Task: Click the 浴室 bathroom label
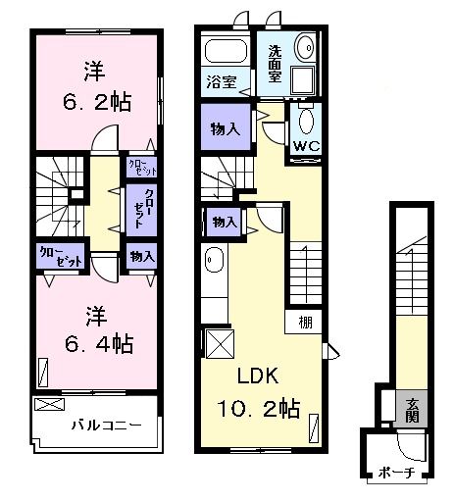(221, 82)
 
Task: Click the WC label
(304, 148)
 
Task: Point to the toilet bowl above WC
(305, 122)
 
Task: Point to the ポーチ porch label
(396, 473)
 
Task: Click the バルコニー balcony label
(107, 426)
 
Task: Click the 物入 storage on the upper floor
(141, 257)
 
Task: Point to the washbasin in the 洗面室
(305, 46)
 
